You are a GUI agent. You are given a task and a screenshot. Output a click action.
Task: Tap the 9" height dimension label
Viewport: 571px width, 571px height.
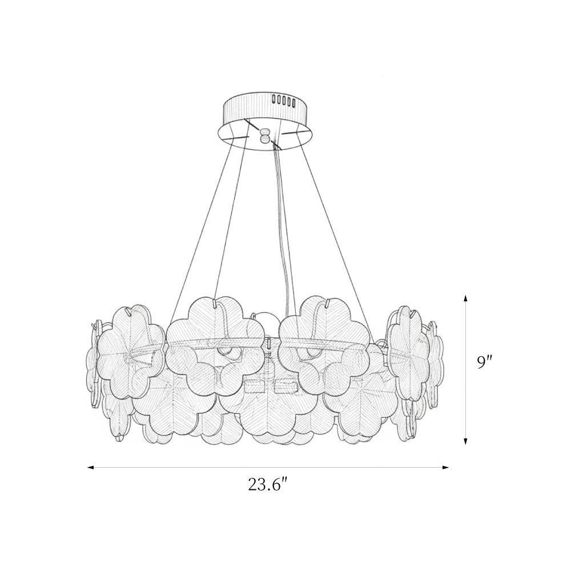(485, 364)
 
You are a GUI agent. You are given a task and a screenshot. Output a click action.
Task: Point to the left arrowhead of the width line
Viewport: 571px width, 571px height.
(91, 467)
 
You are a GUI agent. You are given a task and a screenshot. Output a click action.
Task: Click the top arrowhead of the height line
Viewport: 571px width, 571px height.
(465, 299)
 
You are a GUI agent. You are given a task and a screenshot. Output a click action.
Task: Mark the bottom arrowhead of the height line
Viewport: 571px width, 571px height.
(465, 441)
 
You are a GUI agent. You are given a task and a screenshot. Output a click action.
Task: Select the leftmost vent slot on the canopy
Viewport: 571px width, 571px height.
(274, 99)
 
